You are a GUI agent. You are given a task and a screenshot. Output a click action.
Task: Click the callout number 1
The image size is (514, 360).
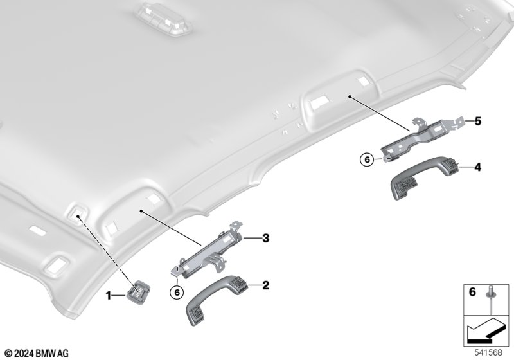coord(108,296)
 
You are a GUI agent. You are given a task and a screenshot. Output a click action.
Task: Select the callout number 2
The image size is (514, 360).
coord(265,285)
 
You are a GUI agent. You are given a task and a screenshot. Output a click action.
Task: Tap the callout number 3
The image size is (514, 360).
coord(265,238)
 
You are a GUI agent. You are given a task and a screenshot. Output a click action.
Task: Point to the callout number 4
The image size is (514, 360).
coord(478,168)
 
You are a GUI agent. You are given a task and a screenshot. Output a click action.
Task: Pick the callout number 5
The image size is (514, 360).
coord(478,122)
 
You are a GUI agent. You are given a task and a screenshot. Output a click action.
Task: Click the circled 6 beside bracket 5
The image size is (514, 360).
coord(367,159)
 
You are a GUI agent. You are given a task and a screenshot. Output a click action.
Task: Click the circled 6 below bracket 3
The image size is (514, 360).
coord(177,292)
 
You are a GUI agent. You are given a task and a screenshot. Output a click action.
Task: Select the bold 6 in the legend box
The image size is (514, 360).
coord(472,291)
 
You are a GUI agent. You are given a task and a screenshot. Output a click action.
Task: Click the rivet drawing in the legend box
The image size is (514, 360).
coord(491,299)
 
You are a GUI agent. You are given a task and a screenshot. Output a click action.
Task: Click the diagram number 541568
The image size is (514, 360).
coord(488,352)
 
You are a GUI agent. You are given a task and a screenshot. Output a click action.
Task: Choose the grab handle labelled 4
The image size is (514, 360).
coord(424,177)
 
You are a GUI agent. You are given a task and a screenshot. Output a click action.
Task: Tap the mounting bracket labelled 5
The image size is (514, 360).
coord(423,138)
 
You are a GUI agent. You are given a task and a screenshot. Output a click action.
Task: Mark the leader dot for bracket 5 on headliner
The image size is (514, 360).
coord(350,96)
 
